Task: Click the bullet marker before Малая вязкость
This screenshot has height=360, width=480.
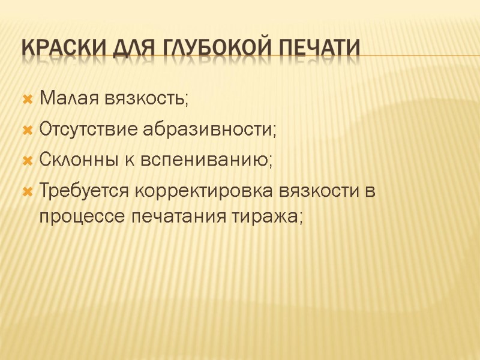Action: coord(26,98)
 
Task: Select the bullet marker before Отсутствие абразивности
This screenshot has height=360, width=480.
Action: coord(26,129)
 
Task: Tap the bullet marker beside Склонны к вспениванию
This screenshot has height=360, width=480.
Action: coord(26,161)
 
